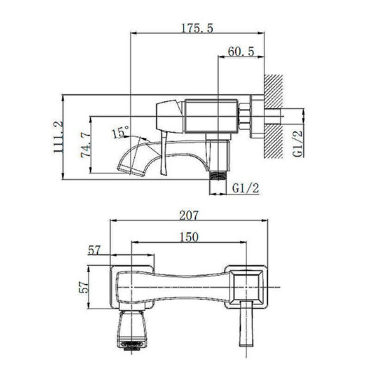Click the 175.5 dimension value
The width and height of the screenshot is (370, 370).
click(197, 28)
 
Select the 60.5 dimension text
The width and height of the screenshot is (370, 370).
click(241, 51)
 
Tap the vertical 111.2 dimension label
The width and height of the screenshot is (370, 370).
click(58, 137)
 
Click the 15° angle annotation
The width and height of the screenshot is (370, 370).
click(120, 132)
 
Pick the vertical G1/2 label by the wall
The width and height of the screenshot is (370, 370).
click(297, 144)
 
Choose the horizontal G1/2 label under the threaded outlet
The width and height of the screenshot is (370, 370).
click(246, 188)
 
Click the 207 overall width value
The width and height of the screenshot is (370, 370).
click(189, 215)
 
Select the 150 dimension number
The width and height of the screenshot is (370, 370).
click(189, 237)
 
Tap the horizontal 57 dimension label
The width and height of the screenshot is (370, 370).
click(94, 250)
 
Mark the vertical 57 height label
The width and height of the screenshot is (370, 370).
click(84, 287)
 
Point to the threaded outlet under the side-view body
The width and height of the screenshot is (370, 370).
click(218, 176)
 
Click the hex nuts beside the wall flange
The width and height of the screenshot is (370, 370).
click(245, 117)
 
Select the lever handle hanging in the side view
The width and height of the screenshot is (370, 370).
click(164, 154)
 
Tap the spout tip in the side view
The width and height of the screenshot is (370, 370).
click(131, 171)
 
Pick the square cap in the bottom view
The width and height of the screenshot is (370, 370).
click(247, 287)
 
